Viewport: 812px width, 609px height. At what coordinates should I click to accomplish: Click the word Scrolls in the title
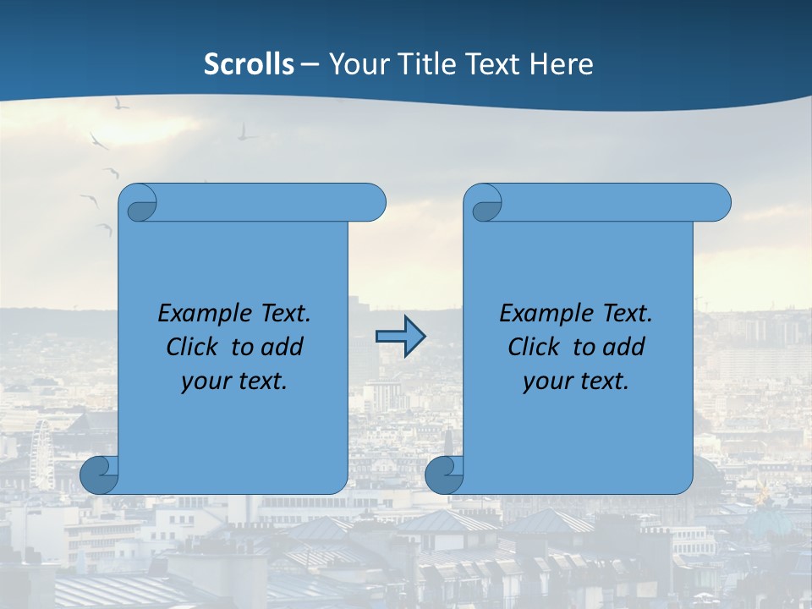pyautogui.click(x=249, y=64)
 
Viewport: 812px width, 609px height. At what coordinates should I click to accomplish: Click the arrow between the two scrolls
pyautogui.click(x=400, y=337)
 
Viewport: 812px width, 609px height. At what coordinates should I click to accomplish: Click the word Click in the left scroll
pyautogui.click(x=192, y=348)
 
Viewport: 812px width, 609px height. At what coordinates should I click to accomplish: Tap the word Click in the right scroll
pyautogui.click(x=534, y=348)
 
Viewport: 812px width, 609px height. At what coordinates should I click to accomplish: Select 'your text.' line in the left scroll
pyautogui.click(x=234, y=381)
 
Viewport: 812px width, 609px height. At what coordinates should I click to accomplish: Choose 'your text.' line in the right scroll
pyautogui.click(x=576, y=381)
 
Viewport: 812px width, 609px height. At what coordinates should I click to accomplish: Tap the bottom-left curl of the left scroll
pyautogui.click(x=99, y=475)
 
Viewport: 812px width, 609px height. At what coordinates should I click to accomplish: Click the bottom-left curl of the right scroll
pyautogui.click(x=444, y=475)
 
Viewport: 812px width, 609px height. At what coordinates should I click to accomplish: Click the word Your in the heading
pyautogui.click(x=355, y=64)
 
